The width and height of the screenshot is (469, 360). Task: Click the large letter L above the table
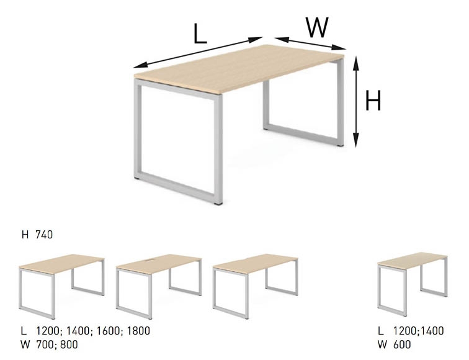pos(200,34)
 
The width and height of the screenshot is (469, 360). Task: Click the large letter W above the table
pos(317,27)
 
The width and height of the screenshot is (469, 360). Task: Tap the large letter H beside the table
pos(373,101)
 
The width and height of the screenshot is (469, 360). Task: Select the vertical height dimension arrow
pos(355,101)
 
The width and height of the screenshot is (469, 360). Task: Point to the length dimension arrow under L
pos(198,52)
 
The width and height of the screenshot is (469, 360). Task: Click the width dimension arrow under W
pos(310,43)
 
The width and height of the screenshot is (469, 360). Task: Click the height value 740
pos(44,235)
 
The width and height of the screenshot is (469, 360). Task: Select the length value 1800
pos(138,331)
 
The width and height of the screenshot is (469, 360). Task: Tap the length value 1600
pos(108,331)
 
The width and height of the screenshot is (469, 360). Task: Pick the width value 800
pos(69,344)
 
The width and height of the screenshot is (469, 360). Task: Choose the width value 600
pos(402,344)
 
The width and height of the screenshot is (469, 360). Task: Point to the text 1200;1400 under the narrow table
pos(418,331)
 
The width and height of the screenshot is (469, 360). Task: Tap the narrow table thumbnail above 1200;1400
pos(413,284)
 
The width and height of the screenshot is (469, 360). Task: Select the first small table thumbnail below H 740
pos(61,287)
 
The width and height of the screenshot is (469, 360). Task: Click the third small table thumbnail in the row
pos(255,286)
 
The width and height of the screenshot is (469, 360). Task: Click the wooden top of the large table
pos(239,68)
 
